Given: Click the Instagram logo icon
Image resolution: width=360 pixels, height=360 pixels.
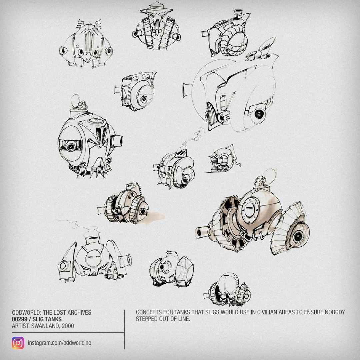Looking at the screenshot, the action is pos(18,343).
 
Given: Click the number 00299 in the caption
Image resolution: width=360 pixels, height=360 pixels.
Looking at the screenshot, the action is pos(20,319).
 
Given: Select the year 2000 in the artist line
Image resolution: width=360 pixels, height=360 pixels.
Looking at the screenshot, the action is pos(68,326).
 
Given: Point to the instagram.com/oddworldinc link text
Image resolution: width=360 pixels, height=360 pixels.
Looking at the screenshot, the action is pos(59,343).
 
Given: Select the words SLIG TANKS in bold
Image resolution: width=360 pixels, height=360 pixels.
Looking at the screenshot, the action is pos(47,319).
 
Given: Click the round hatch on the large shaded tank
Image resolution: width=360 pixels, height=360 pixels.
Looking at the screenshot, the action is pos(249,210).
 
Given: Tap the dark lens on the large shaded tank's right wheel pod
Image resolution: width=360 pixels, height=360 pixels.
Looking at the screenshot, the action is pos(298,236).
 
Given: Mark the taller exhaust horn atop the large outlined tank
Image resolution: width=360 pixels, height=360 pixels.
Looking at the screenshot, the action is pos(266,47).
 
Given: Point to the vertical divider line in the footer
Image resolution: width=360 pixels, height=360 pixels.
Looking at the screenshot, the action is pos(124,329).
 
